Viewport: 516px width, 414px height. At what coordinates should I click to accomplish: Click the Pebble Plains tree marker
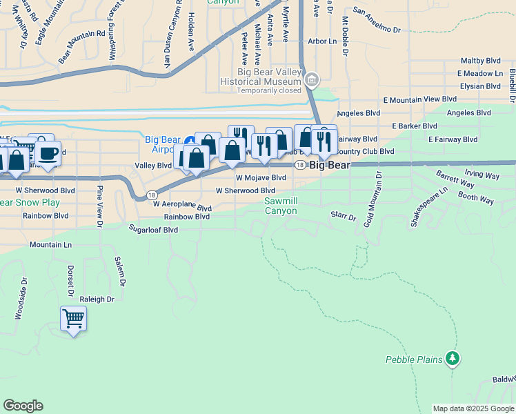(453, 358)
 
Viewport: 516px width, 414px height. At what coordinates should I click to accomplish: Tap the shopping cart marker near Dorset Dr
(73, 319)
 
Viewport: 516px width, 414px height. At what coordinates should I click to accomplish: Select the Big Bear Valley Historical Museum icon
(311, 80)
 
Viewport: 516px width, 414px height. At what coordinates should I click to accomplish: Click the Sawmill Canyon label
(281, 206)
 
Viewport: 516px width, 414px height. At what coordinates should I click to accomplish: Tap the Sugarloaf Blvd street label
(153, 228)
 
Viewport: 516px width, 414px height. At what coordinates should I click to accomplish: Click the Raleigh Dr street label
(97, 299)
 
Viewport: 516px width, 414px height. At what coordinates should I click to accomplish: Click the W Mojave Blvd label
(261, 177)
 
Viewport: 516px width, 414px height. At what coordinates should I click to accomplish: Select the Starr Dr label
(343, 216)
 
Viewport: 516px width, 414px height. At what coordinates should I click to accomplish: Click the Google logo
(23, 406)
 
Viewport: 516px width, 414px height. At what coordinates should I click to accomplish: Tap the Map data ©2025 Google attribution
(473, 408)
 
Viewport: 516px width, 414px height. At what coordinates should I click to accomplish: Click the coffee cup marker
(48, 152)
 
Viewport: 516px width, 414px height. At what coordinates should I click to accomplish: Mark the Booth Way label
(476, 199)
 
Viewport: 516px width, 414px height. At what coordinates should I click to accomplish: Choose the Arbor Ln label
(322, 41)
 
